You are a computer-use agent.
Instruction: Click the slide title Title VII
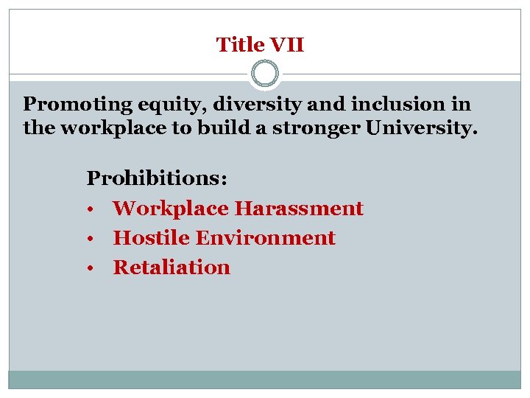pos(260,45)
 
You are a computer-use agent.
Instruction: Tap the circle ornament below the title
pos(265,74)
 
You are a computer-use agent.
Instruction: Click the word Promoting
pos(72,105)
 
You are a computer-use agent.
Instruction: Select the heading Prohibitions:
pos(158,179)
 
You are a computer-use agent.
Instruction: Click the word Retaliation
pos(172,268)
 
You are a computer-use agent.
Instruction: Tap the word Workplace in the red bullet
pos(171,209)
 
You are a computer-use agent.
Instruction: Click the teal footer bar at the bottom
pos(265,380)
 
